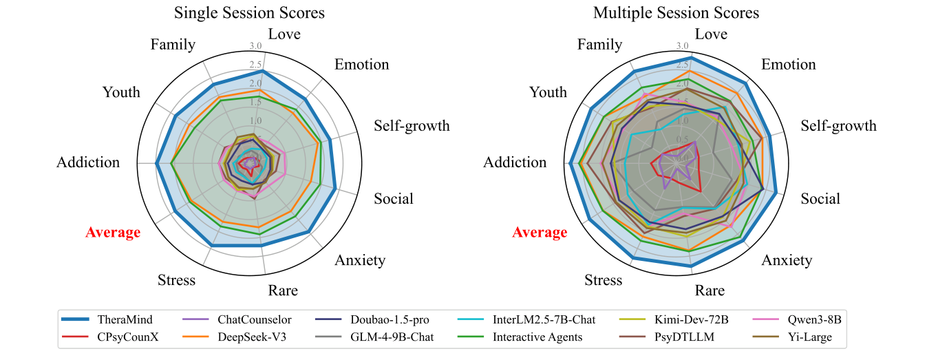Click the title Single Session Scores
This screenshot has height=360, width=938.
[x=249, y=13]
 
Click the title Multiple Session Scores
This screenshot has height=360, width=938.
[x=676, y=13]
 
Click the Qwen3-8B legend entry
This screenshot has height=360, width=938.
[x=816, y=319]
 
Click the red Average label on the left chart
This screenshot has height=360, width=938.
[x=113, y=233]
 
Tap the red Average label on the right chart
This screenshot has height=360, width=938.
[x=540, y=233]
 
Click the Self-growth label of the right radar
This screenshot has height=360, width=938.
[x=839, y=126]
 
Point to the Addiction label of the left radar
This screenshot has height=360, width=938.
[x=88, y=163]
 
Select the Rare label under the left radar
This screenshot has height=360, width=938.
[x=284, y=290]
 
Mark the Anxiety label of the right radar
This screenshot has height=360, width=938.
[x=787, y=260]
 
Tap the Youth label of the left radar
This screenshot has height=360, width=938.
[x=121, y=92]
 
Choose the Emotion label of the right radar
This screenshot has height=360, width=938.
[x=789, y=65]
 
